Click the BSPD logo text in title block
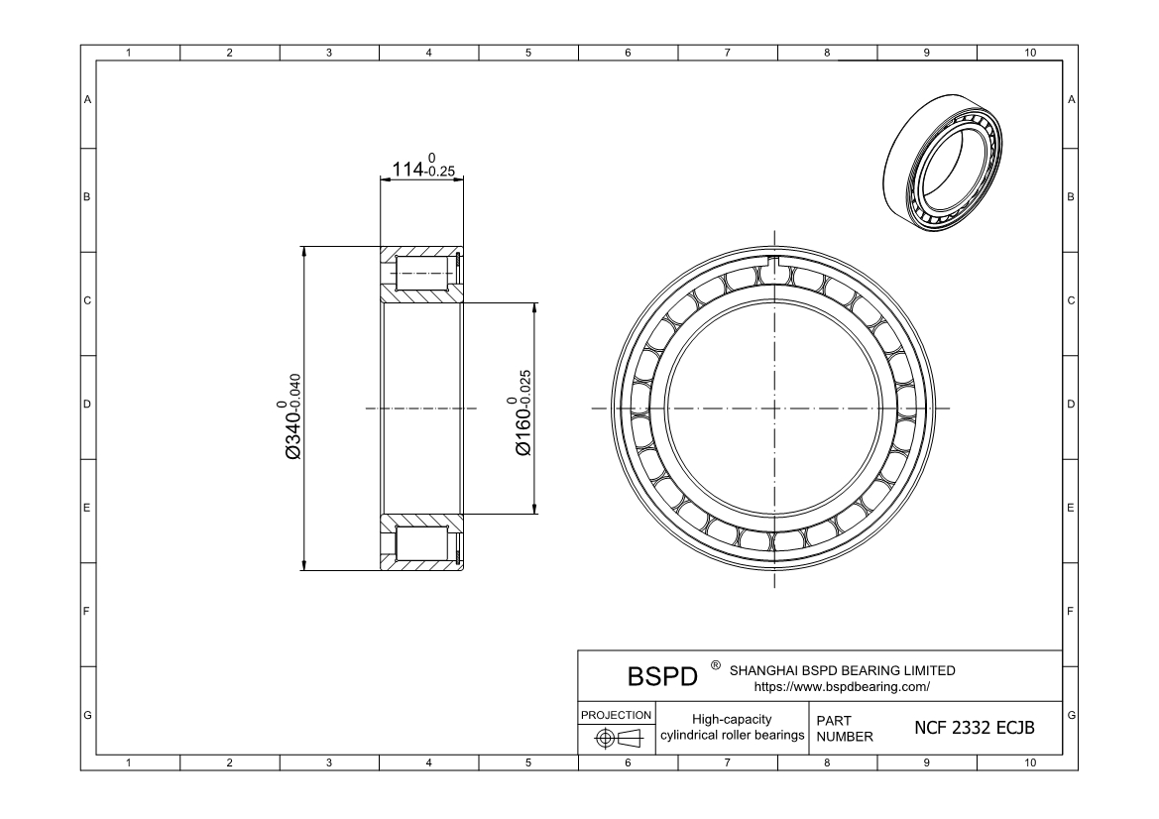(x=663, y=677)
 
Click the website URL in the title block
(x=842, y=686)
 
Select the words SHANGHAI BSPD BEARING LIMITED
(x=842, y=670)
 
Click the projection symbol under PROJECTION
(x=616, y=738)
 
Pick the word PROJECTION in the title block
(x=616, y=714)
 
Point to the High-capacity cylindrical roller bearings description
(x=732, y=727)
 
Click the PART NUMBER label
(x=844, y=729)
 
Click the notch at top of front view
(x=775, y=263)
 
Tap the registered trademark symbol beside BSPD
(x=715, y=665)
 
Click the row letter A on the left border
(x=87, y=100)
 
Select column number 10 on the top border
(x=1029, y=54)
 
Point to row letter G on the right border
(x=1071, y=715)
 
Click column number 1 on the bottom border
(x=130, y=762)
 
